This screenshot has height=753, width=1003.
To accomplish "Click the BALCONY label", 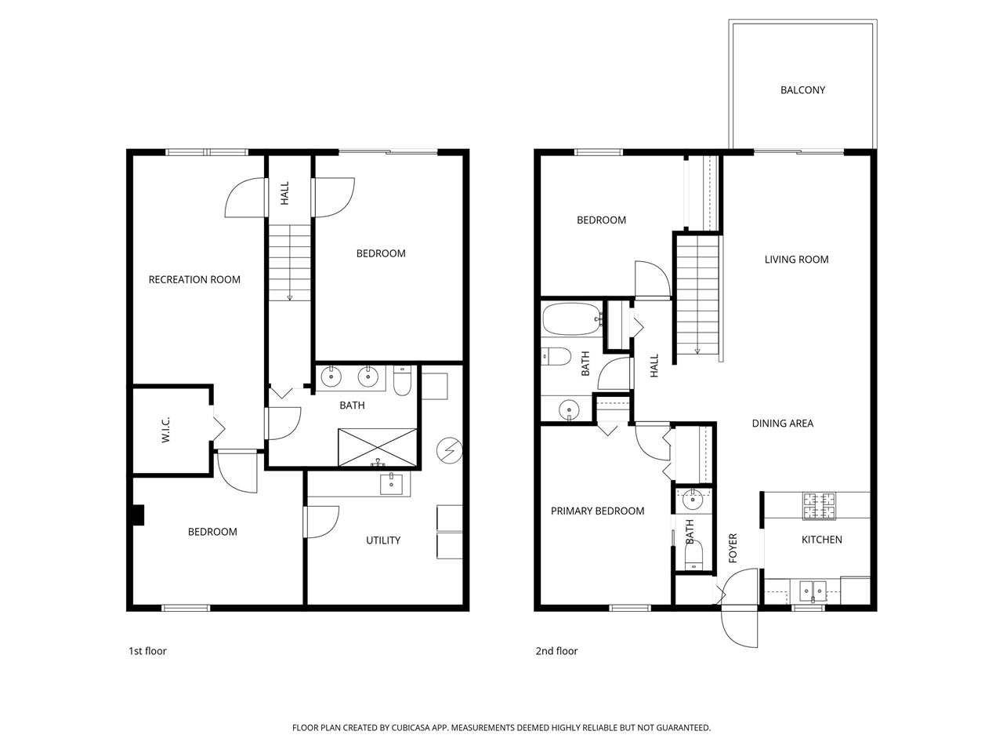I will (802, 90).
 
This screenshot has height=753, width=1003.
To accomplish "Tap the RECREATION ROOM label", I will (194, 279).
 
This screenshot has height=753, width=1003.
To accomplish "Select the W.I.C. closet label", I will (166, 430).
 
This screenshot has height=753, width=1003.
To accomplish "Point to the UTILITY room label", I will (383, 540).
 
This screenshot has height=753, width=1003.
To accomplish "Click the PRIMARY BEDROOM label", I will (597, 511).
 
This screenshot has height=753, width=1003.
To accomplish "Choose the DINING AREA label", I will (782, 424).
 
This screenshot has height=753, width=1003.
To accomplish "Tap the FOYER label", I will (733, 548).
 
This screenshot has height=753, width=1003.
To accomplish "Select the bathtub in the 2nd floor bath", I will (571, 319).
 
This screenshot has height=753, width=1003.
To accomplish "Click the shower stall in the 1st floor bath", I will (377, 447).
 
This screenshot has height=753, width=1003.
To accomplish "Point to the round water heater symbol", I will (450, 450).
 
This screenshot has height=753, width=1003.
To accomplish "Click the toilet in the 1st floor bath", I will (402, 380).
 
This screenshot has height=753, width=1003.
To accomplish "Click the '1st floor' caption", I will (147, 651).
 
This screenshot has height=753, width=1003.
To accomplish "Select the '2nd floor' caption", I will (556, 651).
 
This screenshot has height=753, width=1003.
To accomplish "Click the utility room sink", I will (391, 484).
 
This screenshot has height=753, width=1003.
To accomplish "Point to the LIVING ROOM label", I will (796, 260).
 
